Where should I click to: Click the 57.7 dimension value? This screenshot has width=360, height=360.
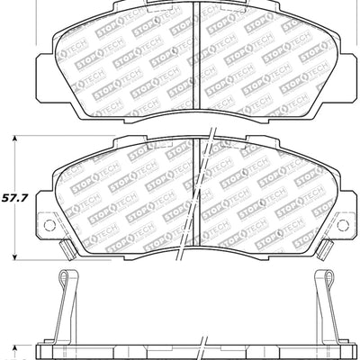14,198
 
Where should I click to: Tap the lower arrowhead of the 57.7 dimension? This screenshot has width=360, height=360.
14,256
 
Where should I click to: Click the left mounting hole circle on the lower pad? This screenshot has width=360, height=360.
49,225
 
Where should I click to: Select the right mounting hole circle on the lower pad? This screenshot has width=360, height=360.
342,225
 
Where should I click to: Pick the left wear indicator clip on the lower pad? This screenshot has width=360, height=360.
67,250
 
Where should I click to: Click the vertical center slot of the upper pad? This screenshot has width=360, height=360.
195,56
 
